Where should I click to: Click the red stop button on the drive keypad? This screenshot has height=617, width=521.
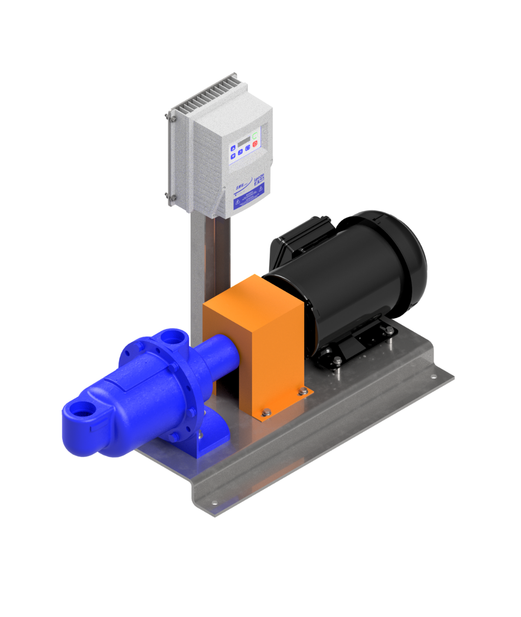(255, 143)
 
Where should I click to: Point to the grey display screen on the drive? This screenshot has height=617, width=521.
(244, 139)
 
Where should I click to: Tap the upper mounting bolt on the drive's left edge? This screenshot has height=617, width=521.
(168, 116)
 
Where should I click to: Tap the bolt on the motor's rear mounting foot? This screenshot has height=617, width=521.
(389, 330)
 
